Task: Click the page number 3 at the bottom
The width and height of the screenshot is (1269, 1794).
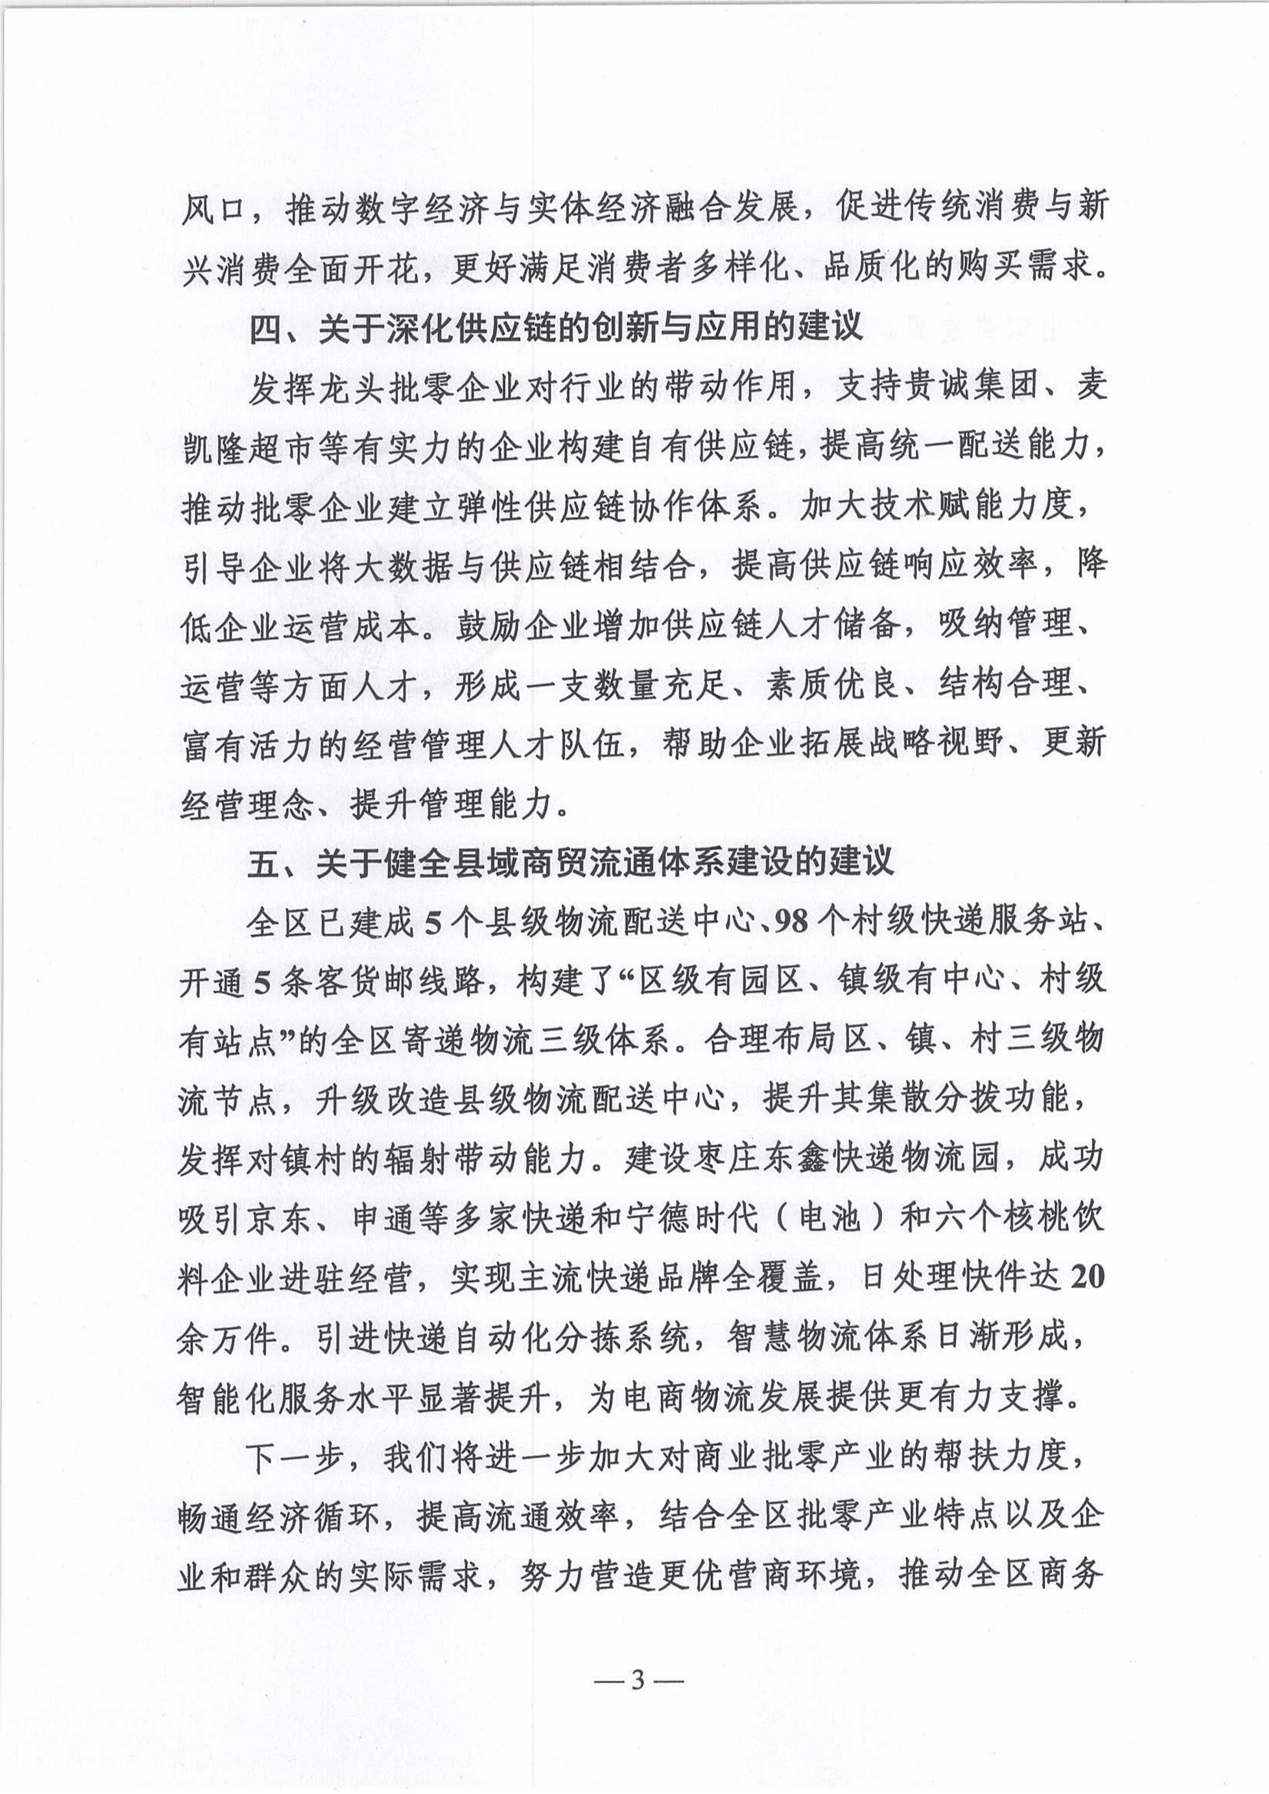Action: [637, 1655]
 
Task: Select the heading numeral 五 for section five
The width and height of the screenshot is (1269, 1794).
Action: [263, 863]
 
